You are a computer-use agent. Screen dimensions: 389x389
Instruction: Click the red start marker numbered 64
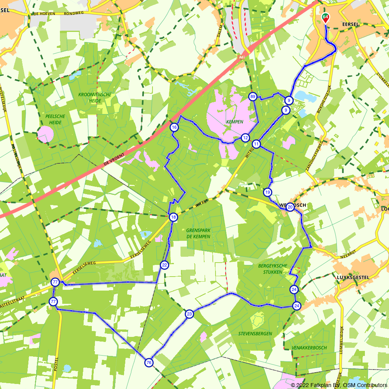coord(325,18)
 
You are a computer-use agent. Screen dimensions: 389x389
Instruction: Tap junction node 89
coord(252,96)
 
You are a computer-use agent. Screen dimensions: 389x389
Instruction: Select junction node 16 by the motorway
coord(174,127)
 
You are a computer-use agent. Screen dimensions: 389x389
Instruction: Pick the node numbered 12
coord(245,137)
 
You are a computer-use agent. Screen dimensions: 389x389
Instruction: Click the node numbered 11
coord(256,144)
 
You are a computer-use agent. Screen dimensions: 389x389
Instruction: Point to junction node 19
coord(267,192)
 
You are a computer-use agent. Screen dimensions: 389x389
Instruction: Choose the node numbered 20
coord(290,207)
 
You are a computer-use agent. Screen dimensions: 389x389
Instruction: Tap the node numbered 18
coord(173,217)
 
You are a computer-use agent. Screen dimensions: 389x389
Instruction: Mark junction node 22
coord(164,265)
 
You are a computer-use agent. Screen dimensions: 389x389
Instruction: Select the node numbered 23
coord(189,314)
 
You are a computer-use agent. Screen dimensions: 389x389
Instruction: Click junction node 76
coord(149,363)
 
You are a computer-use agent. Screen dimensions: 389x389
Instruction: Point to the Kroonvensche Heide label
coord(95,97)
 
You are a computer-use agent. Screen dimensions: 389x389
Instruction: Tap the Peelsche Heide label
coord(55,119)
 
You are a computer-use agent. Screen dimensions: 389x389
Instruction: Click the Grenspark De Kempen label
coord(198,233)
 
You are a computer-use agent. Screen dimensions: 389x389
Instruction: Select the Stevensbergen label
coord(255,333)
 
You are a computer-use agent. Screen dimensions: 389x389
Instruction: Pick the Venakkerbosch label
coord(309,347)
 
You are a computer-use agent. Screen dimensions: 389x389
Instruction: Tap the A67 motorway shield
coord(242,57)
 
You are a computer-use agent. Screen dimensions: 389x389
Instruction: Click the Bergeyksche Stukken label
coord(272,269)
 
